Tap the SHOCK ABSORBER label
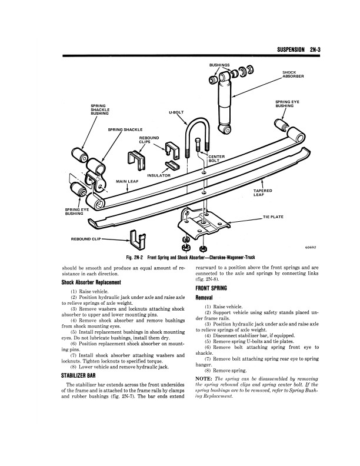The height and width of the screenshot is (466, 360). (292, 75)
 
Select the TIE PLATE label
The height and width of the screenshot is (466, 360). (274, 217)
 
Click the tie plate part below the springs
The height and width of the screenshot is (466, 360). (204, 222)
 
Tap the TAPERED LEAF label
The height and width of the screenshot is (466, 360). (262, 193)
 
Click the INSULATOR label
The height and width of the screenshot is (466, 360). (159, 175)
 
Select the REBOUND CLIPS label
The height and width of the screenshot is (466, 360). (148, 140)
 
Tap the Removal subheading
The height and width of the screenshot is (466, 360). (204, 298)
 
